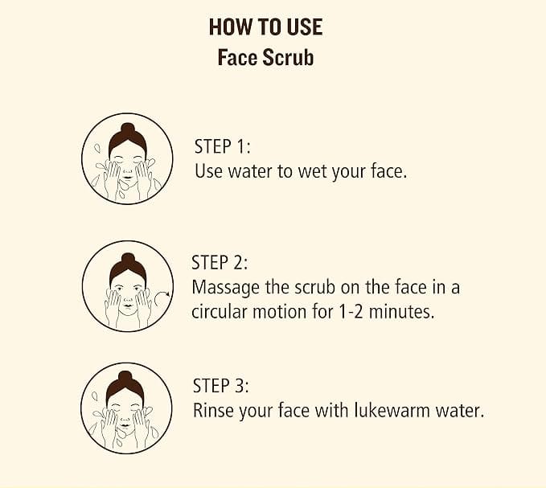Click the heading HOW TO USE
coord(265,27)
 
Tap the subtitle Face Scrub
coord(265,57)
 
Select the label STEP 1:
coord(223,146)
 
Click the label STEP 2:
coord(220,262)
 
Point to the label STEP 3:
coord(221,386)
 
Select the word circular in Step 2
coord(220,311)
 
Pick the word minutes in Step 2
coord(401,311)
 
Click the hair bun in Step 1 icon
coord(127,129)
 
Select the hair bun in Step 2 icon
coord(128,259)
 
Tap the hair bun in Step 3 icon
coord(125,377)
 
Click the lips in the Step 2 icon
coord(128,306)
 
